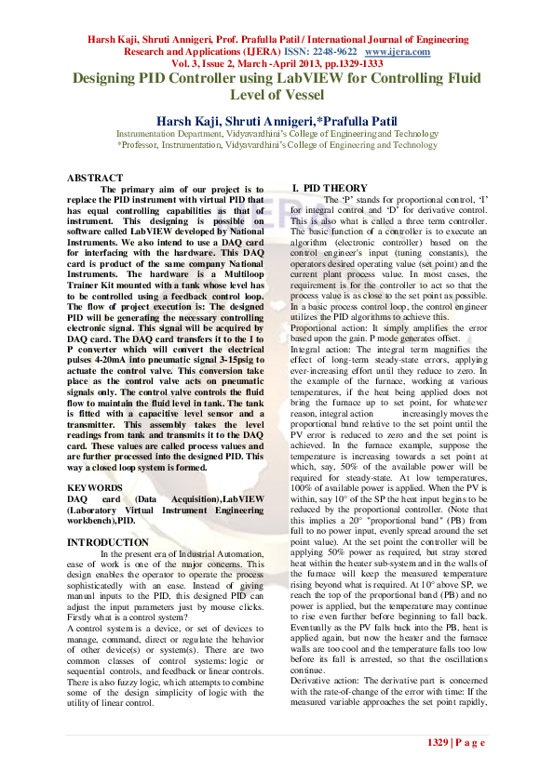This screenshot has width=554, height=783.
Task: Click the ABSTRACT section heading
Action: click(x=95, y=178)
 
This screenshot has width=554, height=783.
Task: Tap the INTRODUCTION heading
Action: click(x=109, y=541)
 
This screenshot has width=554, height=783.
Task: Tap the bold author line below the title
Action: click(x=276, y=120)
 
